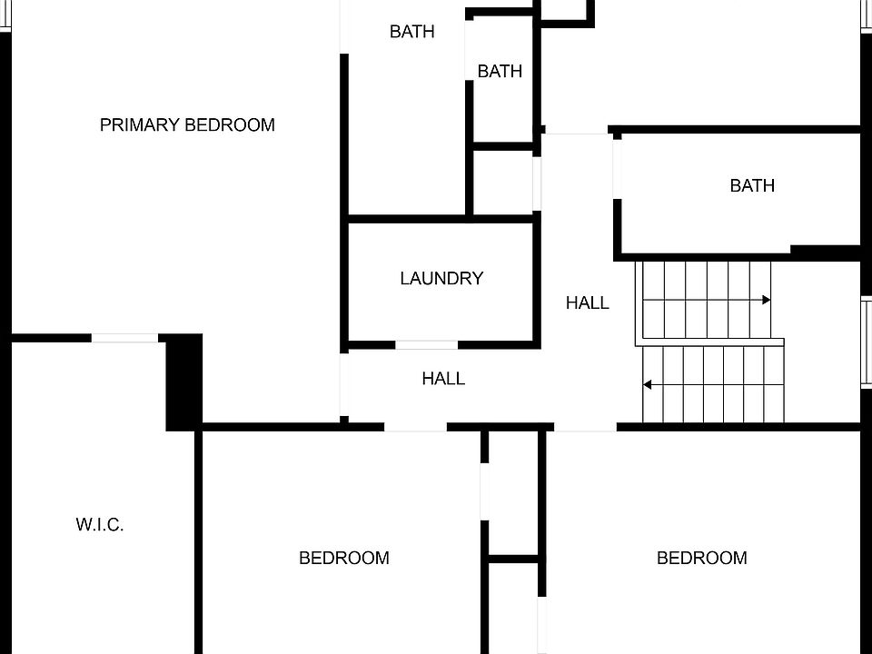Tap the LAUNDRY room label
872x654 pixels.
pos(441,279)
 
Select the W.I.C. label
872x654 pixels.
pos(100,525)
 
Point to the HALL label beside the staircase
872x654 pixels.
pos(588,303)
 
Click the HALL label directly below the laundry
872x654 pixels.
pos(443,379)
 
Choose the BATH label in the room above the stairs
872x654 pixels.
pos(752,186)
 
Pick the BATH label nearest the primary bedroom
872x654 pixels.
pos(411,32)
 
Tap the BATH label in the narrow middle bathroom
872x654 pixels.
pos(500,71)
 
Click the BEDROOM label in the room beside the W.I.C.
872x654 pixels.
pos(344,558)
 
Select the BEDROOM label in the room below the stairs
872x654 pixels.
pos(702,558)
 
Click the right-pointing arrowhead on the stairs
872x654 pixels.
pos(767,300)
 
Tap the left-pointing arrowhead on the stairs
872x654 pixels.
pos(648,385)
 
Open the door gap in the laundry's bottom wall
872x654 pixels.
pos(426,345)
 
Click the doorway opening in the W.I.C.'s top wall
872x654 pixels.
pos(124,338)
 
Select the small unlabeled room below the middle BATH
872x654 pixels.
pos(502,183)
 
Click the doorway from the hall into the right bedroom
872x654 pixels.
pos(585,426)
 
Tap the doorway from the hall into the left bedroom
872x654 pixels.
pos(415,426)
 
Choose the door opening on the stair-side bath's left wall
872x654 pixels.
pos(617,169)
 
